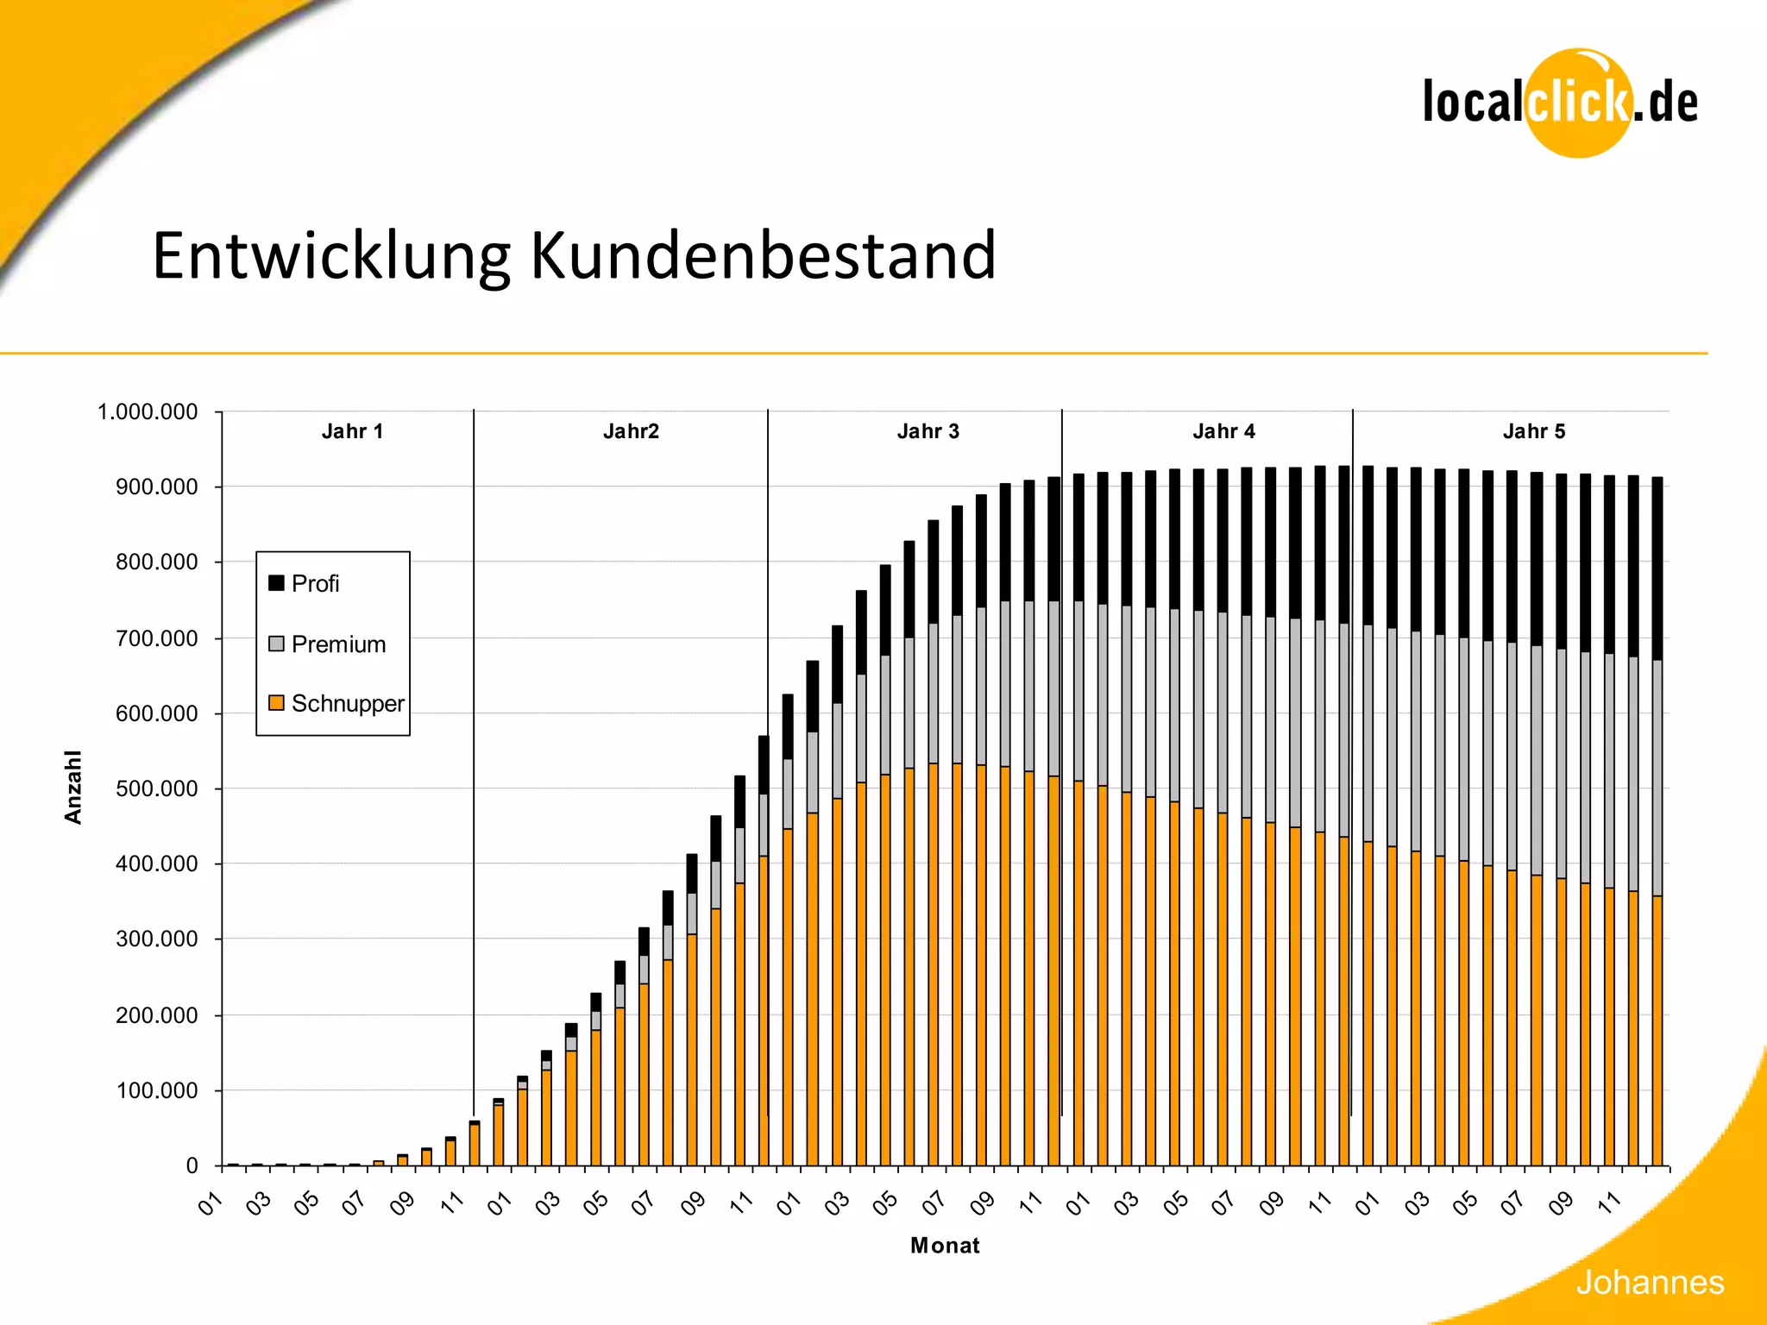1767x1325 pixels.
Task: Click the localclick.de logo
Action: click(1560, 103)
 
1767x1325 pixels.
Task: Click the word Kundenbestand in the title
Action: click(763, 256)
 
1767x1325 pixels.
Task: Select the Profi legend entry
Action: click(305, 584)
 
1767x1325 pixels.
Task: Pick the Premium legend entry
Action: click(327, 644)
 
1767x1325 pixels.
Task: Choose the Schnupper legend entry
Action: click(336, 704)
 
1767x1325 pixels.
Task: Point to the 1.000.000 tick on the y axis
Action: click(148, 412)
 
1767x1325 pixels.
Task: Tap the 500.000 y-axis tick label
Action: click(156, 789)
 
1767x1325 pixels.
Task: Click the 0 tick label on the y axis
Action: click(192, 1166)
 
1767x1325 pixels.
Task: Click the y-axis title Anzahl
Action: click(73, 787)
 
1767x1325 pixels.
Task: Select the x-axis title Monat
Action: click(945, 1246)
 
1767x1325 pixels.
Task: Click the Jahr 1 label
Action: click(352, 431)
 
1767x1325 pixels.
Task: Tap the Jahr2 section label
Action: click(631, 431)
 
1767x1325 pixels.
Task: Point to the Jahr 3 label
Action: click(928, 431)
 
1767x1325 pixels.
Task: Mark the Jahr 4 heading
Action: click(1223, 431)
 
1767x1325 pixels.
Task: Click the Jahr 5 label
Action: click(1533, 431)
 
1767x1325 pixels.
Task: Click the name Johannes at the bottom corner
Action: click(1649, 1283)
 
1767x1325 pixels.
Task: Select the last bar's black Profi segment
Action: click(1657, 568)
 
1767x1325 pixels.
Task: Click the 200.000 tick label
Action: click(156, 1016)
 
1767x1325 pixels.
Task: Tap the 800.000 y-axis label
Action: click(156, 562)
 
